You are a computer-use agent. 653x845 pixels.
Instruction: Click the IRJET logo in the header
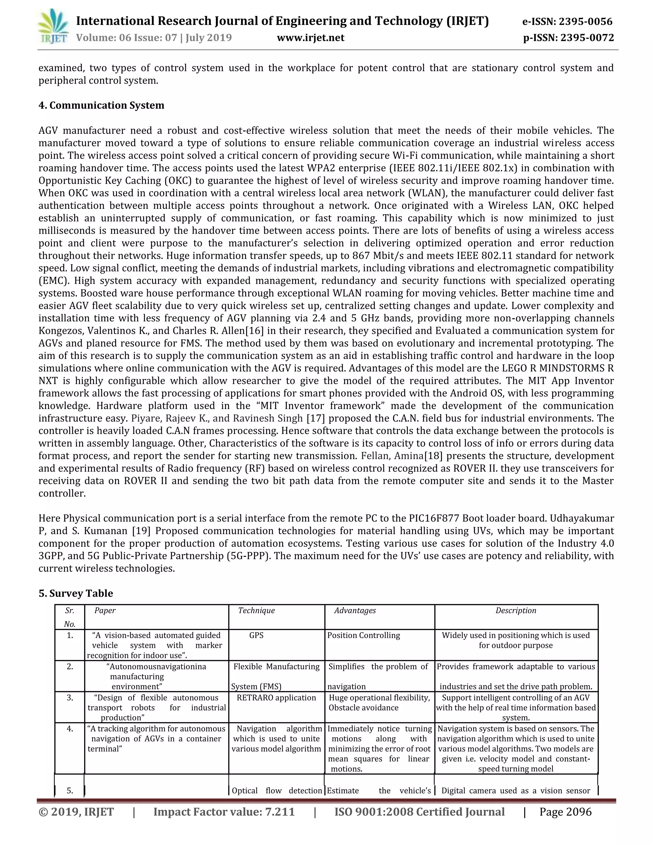pos(53,27)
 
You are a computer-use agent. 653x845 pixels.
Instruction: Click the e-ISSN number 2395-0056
pos(586,21)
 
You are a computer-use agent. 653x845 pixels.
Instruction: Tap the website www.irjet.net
pos(311,38)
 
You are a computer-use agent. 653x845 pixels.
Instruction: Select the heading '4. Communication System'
pos(101,105)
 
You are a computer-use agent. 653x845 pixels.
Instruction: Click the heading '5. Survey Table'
pos(76,593)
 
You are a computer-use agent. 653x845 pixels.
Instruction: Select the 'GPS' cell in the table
pos(256,635)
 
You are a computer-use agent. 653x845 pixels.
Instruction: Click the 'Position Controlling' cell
pos(363,635)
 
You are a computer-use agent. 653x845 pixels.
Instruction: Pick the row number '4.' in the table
pos(70,729)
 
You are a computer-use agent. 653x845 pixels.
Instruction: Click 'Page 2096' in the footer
pos(565,812)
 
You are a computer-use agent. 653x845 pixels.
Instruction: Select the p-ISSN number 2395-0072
pos(587,38)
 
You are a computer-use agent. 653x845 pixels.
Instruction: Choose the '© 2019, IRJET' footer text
pos(76,812)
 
